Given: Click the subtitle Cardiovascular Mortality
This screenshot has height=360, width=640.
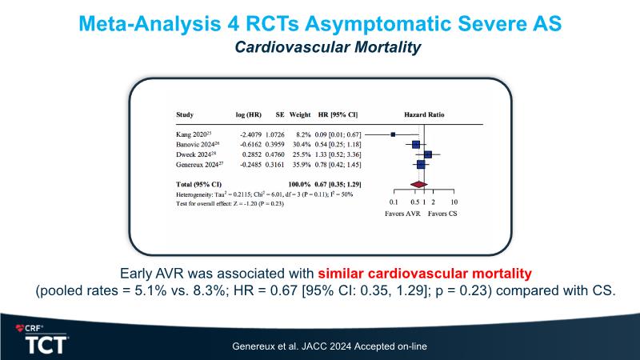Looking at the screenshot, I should pos(327,48).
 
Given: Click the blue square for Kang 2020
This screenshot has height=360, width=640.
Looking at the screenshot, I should pos(393,134).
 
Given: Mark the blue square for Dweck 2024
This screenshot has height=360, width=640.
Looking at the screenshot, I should pos(428,154).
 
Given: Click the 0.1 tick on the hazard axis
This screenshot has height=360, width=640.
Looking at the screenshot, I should pos(393,202).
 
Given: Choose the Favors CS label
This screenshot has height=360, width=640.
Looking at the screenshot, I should pos(442,214).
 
